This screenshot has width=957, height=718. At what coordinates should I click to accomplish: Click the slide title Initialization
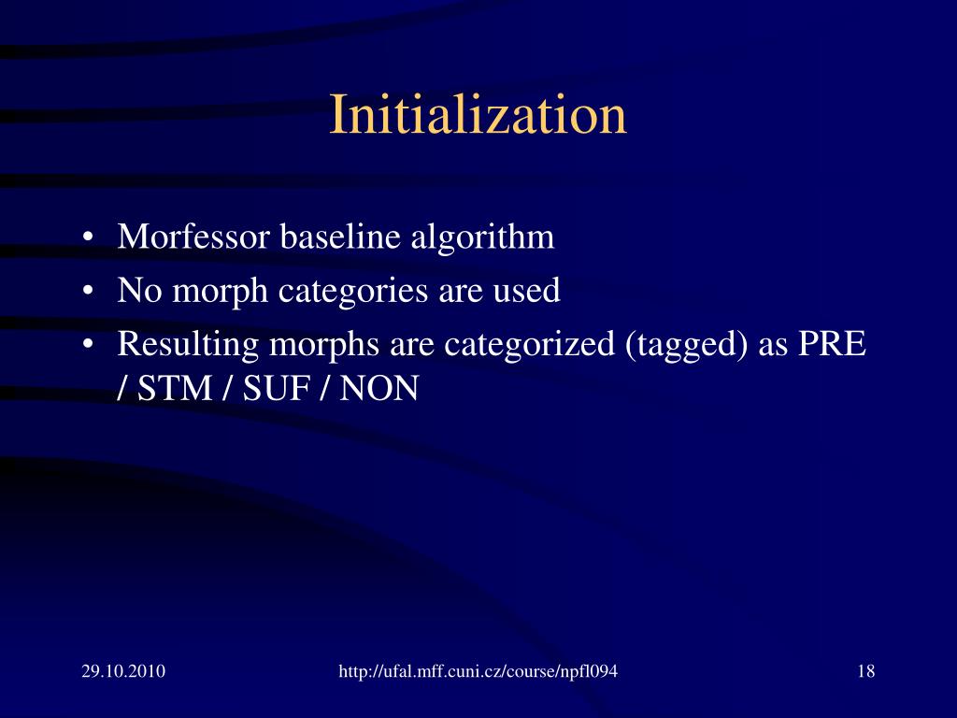tap(478, 116)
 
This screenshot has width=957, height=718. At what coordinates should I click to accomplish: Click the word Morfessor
tap(193, 237)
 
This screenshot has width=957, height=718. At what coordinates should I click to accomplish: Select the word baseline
tap(340, 237)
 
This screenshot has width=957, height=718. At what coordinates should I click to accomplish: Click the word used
tap(527, 291)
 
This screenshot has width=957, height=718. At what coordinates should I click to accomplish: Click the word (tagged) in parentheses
tap(685, 345)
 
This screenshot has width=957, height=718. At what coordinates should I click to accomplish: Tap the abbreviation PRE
tap(832, 344)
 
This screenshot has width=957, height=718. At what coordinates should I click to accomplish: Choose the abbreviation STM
tap(175, 387)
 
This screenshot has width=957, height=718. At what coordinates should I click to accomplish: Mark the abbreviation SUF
tap(277, 387)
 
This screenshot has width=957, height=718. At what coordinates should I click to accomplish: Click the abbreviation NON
tap(379, 387)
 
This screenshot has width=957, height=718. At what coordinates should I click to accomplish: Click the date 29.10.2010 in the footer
tap(123, 671)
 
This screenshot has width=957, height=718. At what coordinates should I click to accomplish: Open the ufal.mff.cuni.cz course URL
tap(478, 671)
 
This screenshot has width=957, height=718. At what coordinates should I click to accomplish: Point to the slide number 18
tap(865, 671)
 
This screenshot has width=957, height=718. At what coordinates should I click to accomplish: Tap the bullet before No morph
tap(87, 292)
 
